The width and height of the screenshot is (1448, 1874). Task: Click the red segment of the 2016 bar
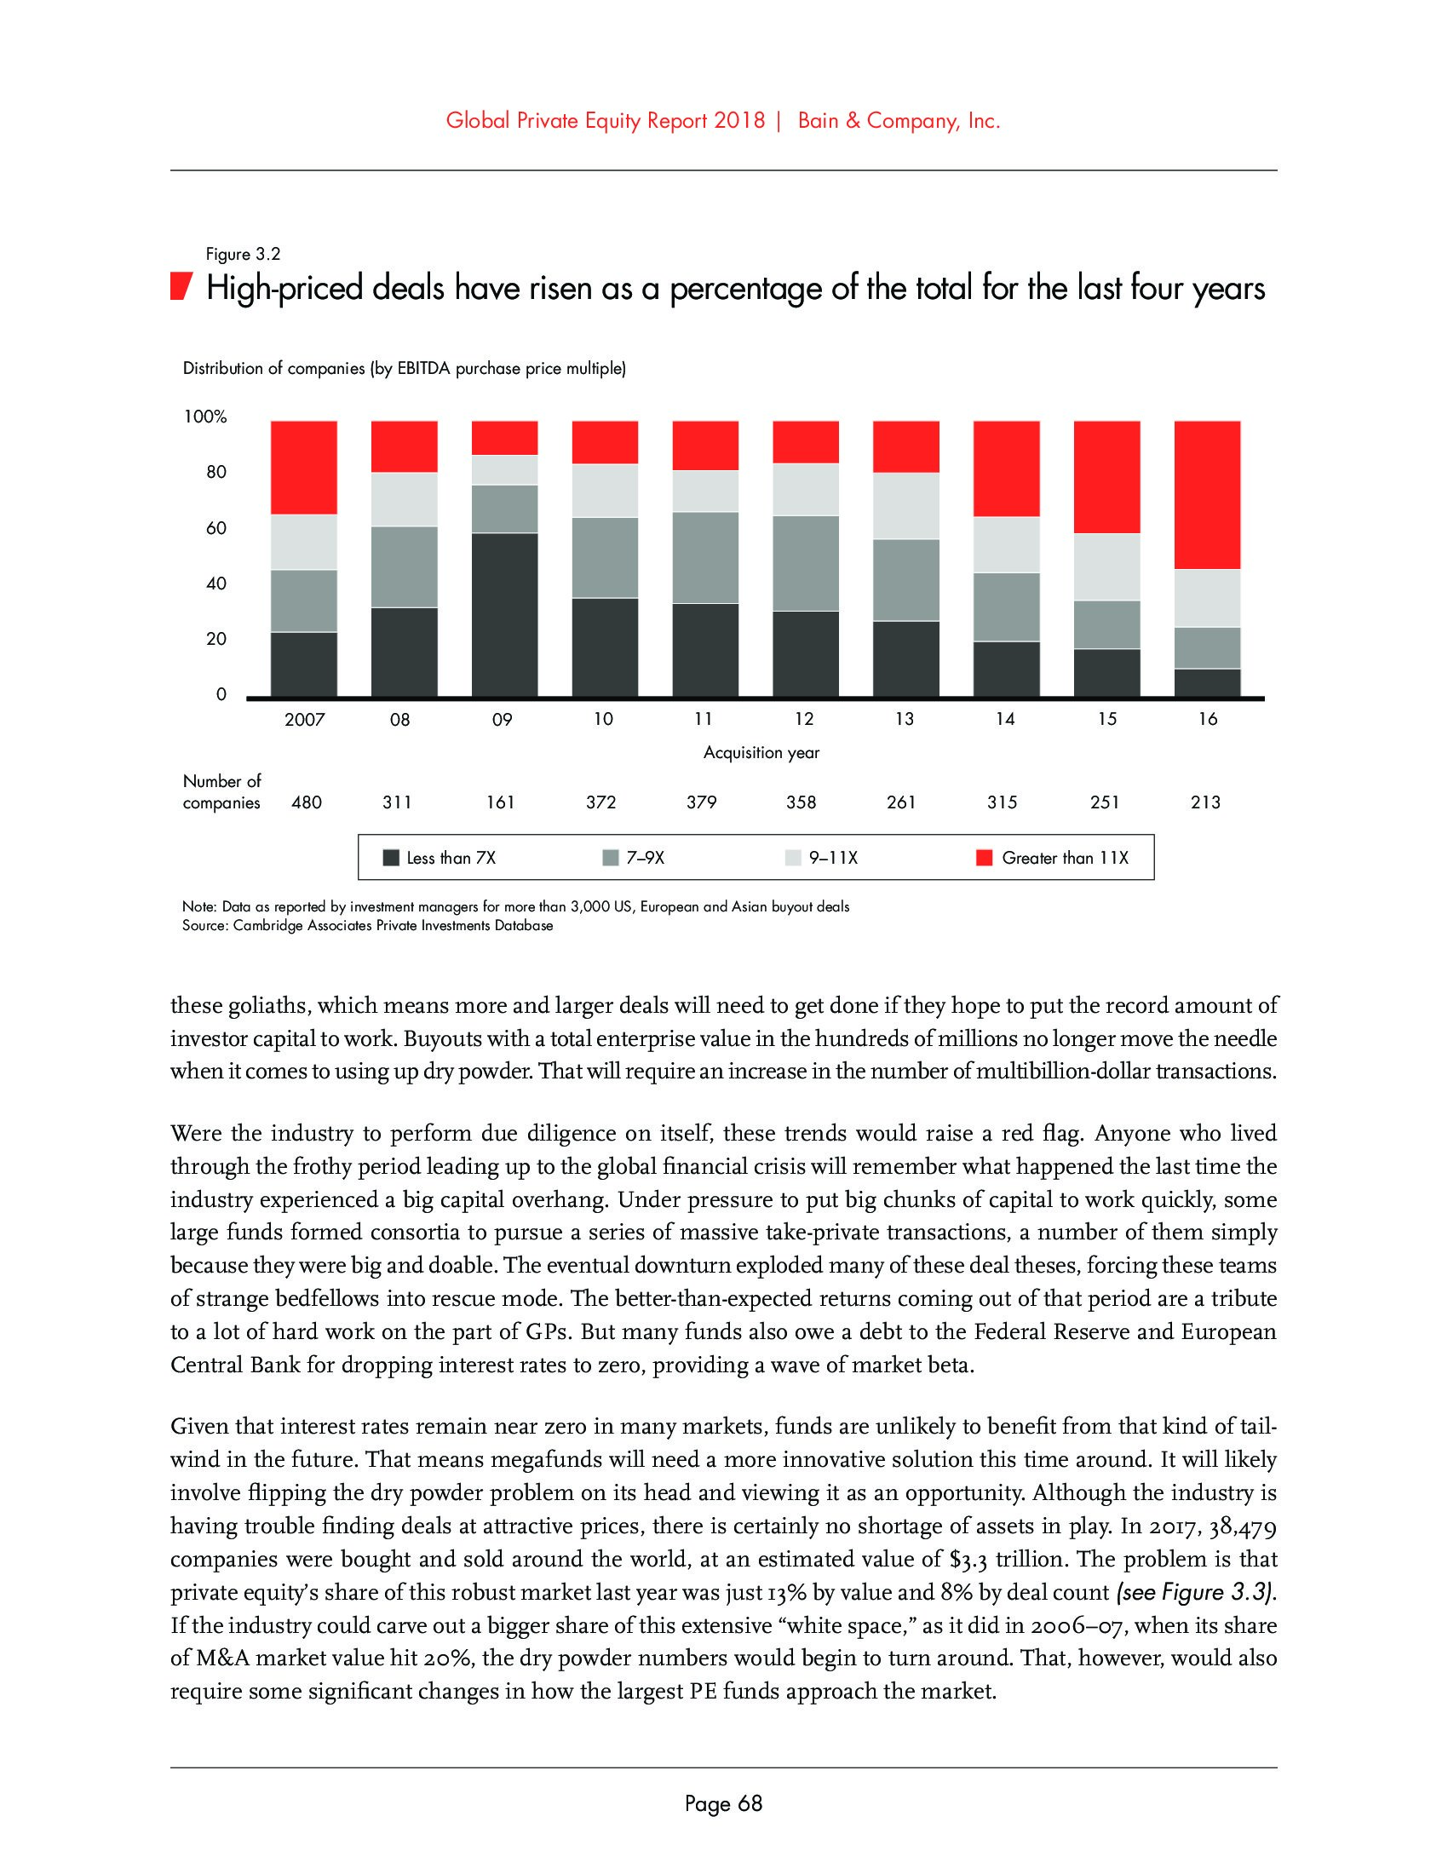point(1206,494)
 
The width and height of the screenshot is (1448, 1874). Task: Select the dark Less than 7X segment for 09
point(504,614)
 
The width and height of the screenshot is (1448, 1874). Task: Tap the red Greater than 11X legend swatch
point(984,857)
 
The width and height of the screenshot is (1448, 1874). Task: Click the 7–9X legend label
point(645,857)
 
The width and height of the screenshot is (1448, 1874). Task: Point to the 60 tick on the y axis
point(216,528)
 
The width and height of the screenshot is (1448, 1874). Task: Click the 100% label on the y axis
point(205,417)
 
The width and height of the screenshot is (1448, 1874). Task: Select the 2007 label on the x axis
point(305,719)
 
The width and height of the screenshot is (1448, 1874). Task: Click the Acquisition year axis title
point(761,752)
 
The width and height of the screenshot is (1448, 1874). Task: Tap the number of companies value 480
point(307,802)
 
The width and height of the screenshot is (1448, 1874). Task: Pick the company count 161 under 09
point(500,802)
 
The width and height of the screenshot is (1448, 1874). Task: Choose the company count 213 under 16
point(1205,802)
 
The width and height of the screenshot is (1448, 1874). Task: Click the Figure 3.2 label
point(243,254)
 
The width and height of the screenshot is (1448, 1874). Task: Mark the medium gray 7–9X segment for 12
point(806,563)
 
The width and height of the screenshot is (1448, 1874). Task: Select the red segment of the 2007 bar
point(304,467)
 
